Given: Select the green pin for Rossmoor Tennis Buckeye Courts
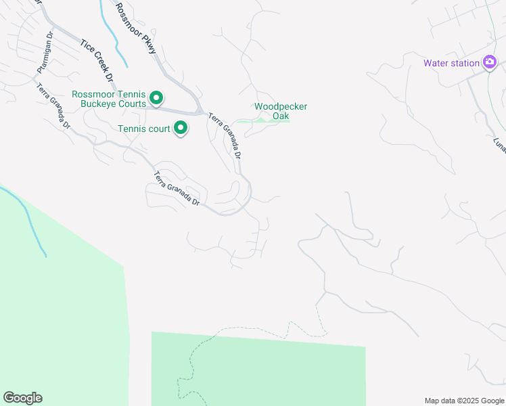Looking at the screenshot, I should [156, 99].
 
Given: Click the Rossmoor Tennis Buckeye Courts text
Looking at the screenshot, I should [109, 99].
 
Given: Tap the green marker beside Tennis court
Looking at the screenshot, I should [181, 127].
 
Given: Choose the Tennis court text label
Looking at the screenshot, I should [143, 128].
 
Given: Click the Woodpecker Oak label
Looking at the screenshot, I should [281, 111].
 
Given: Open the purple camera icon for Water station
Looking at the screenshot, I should [490, 63].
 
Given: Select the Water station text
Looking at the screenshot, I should [451, 64].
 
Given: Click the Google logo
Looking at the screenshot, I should [22, 398].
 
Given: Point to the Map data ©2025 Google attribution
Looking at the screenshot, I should [463, 401].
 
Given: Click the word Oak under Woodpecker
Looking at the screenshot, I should [281, 116].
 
